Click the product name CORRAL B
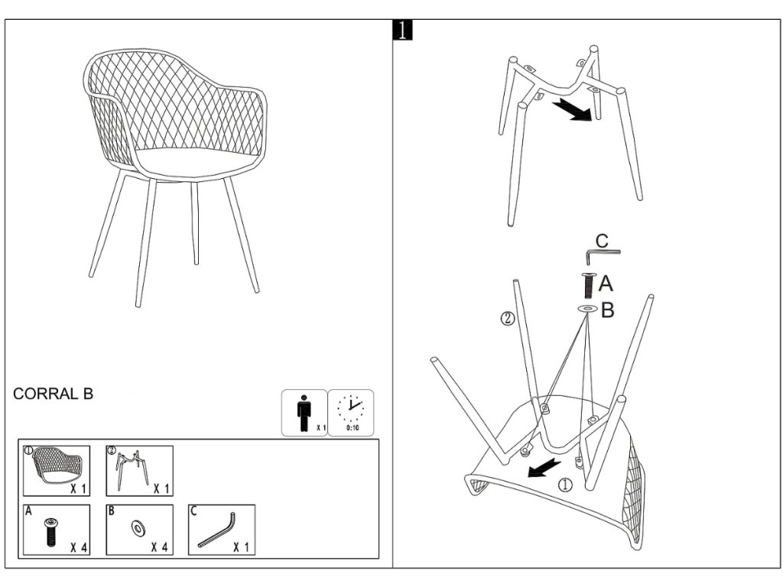53,394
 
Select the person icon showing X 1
304,412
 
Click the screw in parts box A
50,532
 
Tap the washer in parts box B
139,527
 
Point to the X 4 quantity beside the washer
160,546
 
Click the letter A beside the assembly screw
606,284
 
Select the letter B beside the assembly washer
607,310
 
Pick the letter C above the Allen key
602,241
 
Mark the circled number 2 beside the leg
507,319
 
